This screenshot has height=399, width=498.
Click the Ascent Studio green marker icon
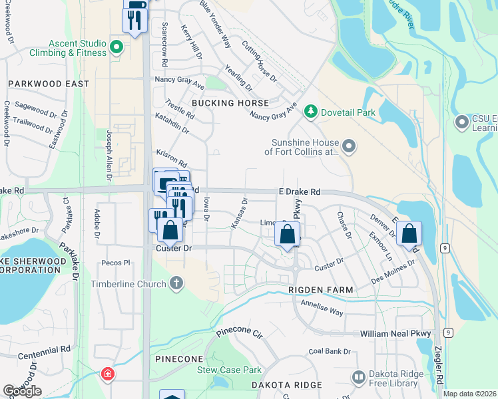117,47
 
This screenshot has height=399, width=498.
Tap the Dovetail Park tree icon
309,110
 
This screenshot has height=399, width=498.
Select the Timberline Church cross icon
176,283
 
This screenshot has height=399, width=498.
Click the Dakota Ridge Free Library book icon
359,377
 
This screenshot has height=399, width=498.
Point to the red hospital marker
107,375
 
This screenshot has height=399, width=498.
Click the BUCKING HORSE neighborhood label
230,103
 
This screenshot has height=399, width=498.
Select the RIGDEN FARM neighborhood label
320,290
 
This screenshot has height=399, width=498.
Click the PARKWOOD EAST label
48,84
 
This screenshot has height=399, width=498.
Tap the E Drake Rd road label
299,192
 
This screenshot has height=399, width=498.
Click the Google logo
22,391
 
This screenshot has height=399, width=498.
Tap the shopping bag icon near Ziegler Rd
409,233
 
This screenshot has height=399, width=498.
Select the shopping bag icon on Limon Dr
288,235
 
